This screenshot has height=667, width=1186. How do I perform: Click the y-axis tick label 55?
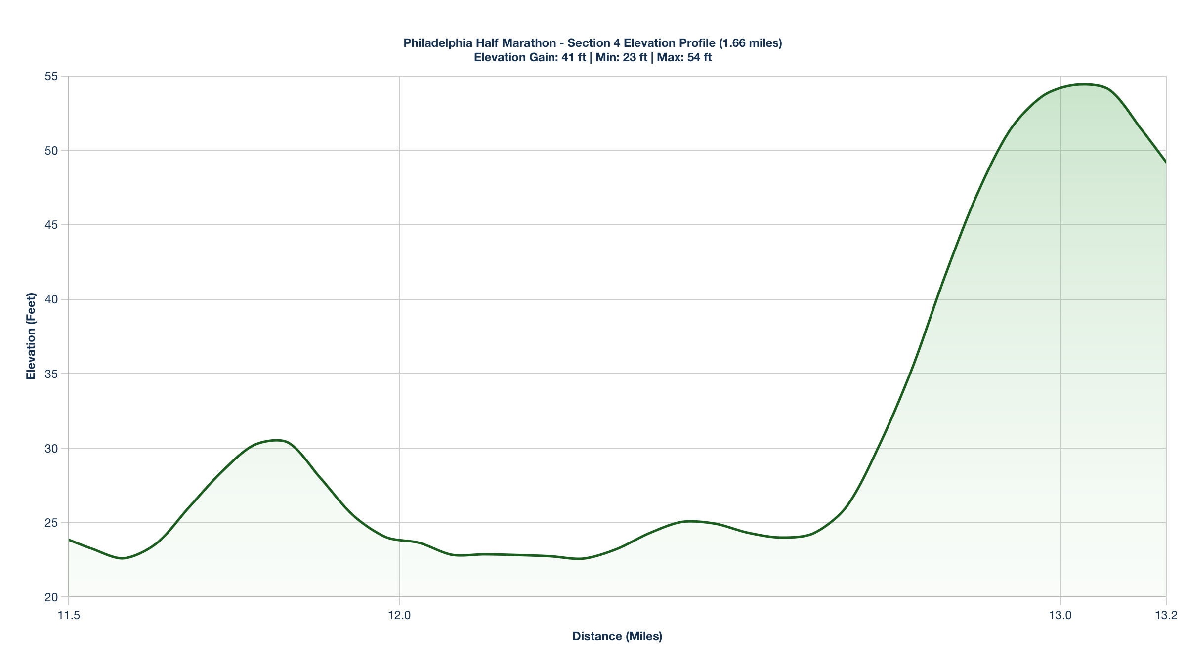click(51, 76)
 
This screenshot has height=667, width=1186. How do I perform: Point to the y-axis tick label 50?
click(51, 151)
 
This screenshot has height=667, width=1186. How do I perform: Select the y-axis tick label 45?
click(51, 225)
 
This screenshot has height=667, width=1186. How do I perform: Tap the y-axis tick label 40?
click(51, 299)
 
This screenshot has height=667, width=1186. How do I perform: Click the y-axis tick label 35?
click(51, 374)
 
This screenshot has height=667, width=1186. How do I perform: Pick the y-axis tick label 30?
click(51, 449)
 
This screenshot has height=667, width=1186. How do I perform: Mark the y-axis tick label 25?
click(51, 523)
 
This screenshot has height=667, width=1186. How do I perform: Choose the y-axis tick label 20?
click(51, 597)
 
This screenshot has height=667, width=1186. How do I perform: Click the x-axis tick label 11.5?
click(69, 615)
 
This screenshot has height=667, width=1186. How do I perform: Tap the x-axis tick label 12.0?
click(399, 615)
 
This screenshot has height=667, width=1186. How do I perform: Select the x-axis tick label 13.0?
click(1060, 615)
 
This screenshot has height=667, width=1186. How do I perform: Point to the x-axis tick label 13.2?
click(1166, 615)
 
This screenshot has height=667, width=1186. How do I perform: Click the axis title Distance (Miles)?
click(617, 636)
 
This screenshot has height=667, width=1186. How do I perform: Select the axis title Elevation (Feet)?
click(31, 336)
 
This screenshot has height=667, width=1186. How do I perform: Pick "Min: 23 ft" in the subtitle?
click(621, 57)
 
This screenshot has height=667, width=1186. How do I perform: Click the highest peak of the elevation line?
click(1084, 84)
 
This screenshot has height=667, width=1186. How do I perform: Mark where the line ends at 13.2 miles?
click(1166, 162)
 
